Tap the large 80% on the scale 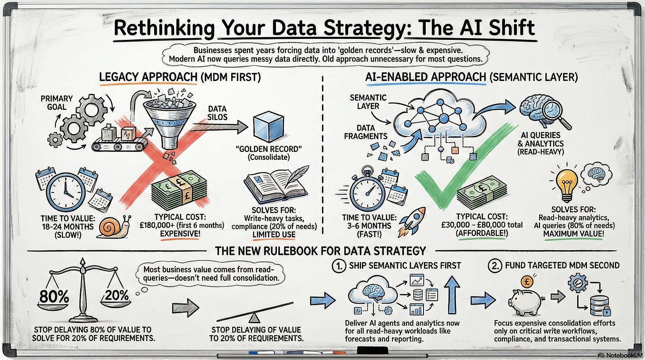pos(54,296)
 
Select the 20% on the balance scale pos(117,295)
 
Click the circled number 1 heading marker pos(339,266)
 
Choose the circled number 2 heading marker pos(495,266)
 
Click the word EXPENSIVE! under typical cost pos(180,234)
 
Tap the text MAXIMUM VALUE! pos(574,234)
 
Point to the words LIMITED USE pos(274,235)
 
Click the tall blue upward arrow pos(452,294)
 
